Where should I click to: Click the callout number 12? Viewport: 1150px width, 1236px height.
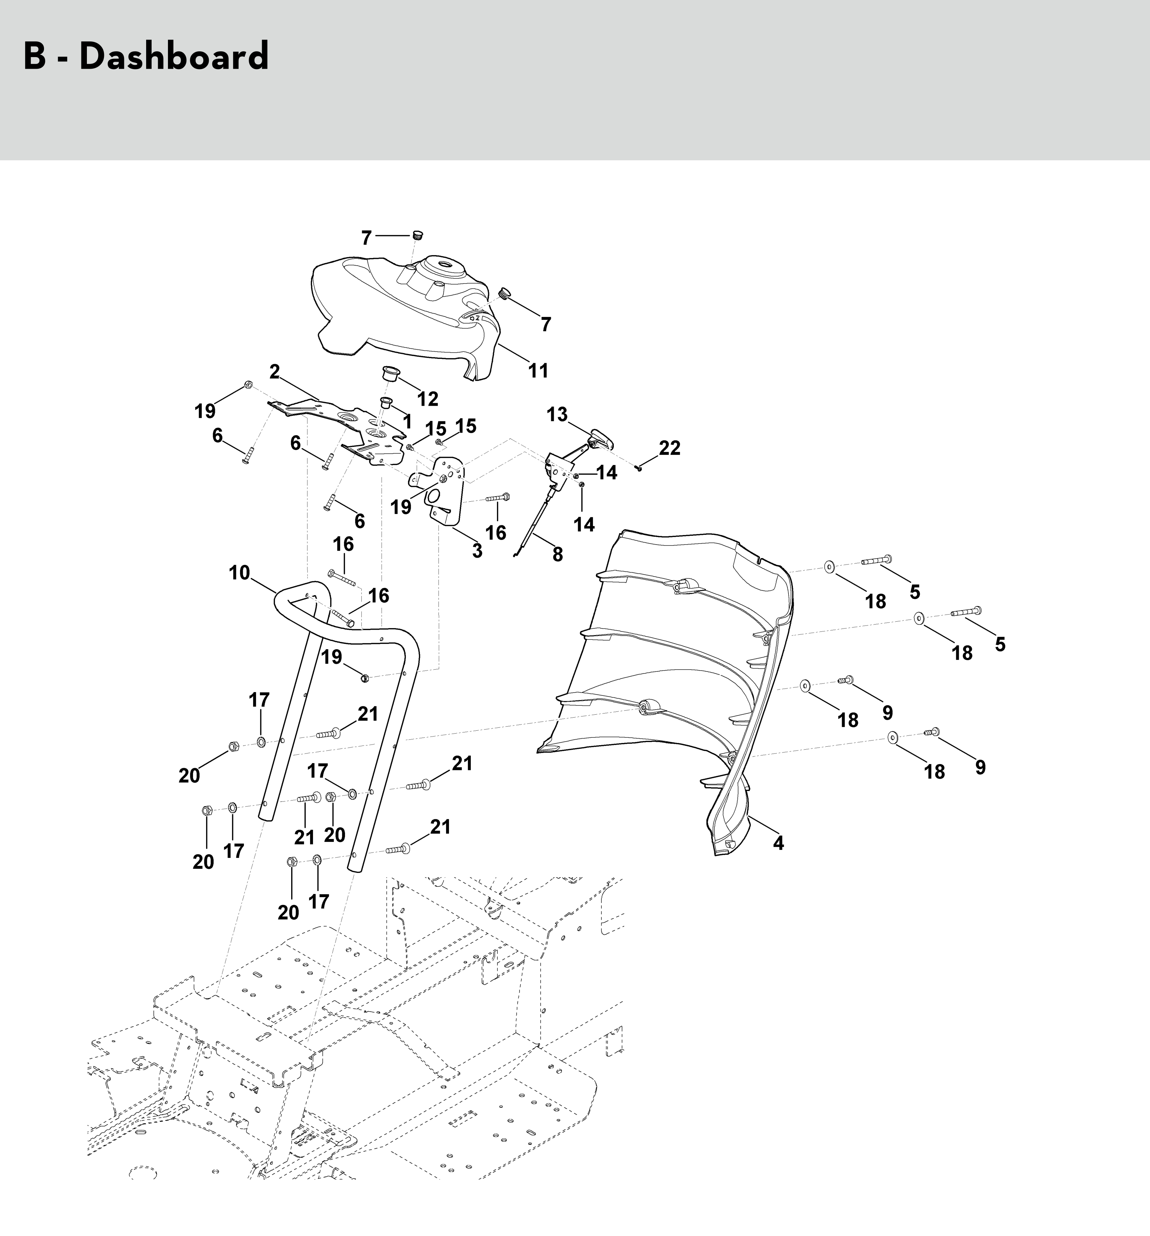click(x=428, y=398)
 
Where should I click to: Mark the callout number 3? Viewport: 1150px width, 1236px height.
click(x=477, y=550)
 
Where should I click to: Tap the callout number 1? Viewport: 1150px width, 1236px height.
click(x=407, y=422)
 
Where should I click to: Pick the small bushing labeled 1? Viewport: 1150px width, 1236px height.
click(x=386, y=402)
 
